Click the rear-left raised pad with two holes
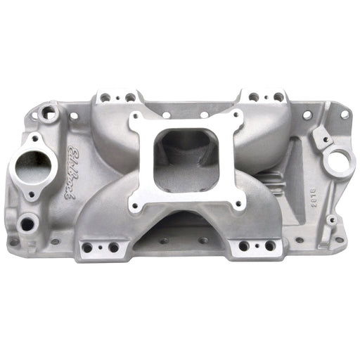tap(117, 96)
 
